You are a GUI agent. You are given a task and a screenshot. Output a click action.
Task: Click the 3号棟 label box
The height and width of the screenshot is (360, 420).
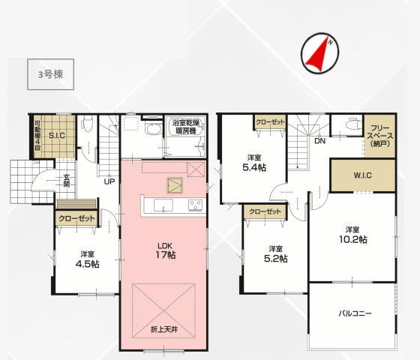51,74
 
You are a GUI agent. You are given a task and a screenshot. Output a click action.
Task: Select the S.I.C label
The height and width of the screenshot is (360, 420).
57,136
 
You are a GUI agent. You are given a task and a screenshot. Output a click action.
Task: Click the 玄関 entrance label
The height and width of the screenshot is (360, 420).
67,181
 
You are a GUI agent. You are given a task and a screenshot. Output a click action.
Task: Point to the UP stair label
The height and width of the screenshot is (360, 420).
109,181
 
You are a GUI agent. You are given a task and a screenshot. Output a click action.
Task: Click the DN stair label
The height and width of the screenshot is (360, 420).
319,141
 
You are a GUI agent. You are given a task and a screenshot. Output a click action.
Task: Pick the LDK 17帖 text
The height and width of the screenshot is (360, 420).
166,250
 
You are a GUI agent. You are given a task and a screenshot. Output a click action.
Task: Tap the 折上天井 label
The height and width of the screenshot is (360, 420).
164,329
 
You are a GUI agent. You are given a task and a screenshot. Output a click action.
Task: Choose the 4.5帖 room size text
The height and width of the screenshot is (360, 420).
88,264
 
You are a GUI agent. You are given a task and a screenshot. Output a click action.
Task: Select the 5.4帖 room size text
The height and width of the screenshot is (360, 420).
254,168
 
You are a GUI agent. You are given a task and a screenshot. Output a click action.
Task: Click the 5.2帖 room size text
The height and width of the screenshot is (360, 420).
276,259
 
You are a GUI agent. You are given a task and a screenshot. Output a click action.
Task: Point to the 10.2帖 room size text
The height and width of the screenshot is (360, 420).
353,239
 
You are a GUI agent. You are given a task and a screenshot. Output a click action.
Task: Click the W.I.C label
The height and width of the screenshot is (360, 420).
363,175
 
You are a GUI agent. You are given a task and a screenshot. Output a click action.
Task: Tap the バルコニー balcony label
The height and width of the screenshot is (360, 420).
355,313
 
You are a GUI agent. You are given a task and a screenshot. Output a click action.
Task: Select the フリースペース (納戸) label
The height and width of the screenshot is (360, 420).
380,136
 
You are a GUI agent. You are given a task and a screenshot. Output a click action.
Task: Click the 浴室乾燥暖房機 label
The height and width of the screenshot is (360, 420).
186,127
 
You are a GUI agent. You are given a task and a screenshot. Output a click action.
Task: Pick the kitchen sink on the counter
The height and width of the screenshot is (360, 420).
163,205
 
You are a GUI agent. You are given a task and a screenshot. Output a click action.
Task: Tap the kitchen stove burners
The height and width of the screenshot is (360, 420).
195,205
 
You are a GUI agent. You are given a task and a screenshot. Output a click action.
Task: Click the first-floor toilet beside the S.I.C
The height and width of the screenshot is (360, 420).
87,123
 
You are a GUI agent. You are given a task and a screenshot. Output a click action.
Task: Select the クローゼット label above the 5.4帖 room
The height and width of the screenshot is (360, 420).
270,122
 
